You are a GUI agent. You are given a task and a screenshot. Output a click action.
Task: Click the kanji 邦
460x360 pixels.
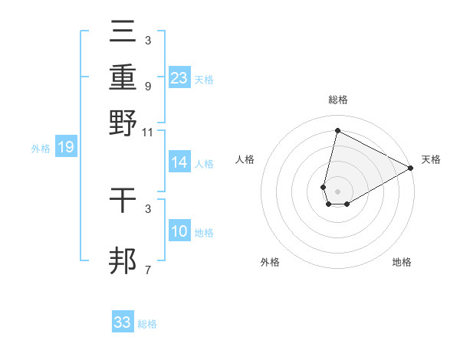(123, 260)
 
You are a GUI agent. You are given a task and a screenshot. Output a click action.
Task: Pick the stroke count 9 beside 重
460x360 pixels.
(147, 86)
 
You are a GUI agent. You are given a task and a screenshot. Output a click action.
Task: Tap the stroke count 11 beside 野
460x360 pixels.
(148, 132)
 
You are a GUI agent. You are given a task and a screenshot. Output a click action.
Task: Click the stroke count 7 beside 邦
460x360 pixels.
(147, 270)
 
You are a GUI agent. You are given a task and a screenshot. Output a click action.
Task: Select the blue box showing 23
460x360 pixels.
(179, 77)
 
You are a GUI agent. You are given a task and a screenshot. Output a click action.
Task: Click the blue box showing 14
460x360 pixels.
(179, 162)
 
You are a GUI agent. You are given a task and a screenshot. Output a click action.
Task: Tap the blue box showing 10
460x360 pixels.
(179, 231)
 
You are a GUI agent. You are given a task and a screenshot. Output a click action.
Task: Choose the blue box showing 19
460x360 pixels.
(66, 147)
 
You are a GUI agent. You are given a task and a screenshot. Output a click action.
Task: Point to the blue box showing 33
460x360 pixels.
(123, 322)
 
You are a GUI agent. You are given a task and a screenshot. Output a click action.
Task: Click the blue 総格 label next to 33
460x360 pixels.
(147, 324)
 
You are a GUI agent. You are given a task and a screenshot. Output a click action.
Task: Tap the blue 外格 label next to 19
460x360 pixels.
(41, 149)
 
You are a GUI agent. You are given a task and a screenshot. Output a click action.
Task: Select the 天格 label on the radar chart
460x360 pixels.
(431, 159)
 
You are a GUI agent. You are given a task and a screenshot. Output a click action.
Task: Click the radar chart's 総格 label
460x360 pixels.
(337, 100)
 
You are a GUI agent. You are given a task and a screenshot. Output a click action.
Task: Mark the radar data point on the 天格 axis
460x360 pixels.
(411, 169)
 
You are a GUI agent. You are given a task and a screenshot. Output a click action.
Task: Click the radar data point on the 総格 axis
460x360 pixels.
(337, 131)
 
